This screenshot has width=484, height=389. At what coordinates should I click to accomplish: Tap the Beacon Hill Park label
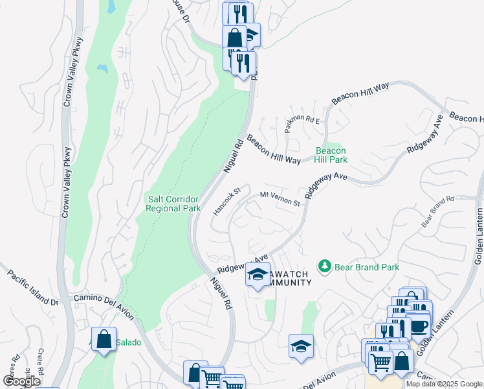(x=331, y=155)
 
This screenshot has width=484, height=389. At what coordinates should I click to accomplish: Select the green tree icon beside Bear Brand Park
(x=324, y=266)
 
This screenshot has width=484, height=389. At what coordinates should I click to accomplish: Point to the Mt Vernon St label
(x=280, y=199)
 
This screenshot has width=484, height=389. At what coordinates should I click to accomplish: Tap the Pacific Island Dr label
(x=33, y=289)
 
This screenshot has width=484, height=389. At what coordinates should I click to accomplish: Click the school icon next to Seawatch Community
(x=258, y=275)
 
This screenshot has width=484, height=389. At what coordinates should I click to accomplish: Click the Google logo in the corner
(x=21, y=381)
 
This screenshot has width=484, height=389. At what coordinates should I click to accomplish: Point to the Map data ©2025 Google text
(x=444, y=384)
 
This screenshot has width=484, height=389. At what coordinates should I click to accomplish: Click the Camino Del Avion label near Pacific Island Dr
(x=104, y=305)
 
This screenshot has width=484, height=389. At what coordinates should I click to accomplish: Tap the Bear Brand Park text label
(x=367, y=267)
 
